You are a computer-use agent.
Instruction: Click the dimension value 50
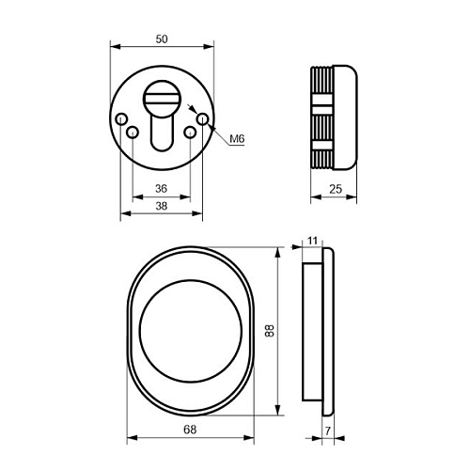click(x=162, y=39)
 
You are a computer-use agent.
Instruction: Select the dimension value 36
click(x=162, y=189)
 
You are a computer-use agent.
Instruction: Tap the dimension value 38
click(x=162, y=206)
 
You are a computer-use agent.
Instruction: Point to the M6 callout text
click(x=237, y=138)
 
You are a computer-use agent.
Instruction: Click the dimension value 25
click(x=336, y=189)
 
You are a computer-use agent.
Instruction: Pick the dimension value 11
click(x=312, y=241)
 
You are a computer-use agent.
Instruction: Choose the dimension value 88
click(x=270, y=331)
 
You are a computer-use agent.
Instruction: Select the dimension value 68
click(x=190, y=430)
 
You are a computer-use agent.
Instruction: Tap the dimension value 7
click(x=328, y=431)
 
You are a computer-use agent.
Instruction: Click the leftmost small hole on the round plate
click(x=121, y=119)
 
